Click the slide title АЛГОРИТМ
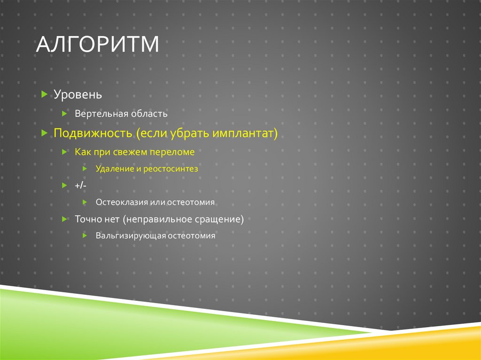[x=98, y=46]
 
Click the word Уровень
[x=78, y=95]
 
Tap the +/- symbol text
[x=80, y=186]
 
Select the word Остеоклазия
[x=122, y=202]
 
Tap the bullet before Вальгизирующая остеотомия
[x=85, y=235]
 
